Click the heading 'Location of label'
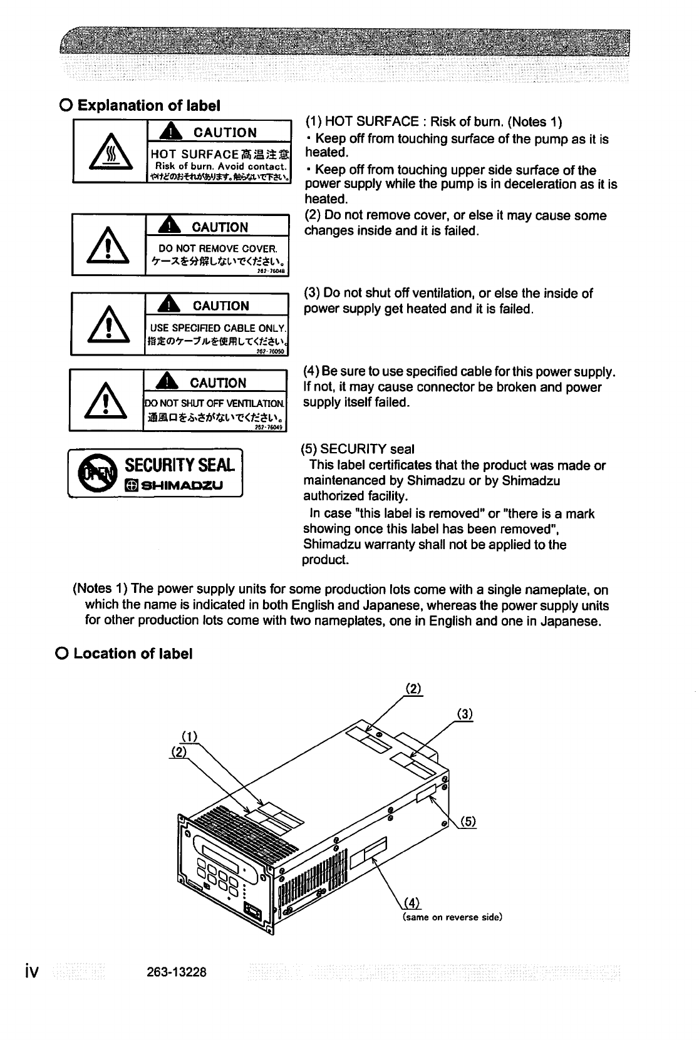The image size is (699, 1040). pos(132,654)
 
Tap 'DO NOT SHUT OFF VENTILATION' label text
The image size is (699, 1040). pos(215,404)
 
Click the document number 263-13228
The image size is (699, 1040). pos(175,972)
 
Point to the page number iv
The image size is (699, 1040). pos(31,971)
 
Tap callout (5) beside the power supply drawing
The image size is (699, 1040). pos(469,822)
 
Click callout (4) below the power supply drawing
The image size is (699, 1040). pos(412,902)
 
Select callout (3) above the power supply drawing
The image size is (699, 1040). pos(464,714)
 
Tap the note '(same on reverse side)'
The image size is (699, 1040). pos(452,917)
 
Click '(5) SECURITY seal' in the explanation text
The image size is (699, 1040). pos(358,449)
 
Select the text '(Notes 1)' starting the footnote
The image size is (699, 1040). pos(101,590)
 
